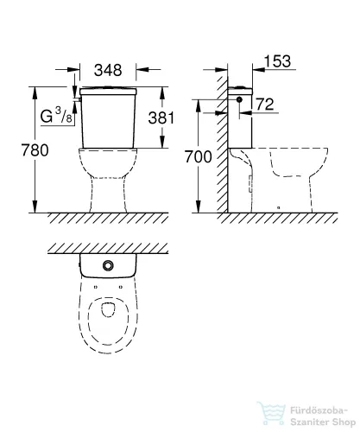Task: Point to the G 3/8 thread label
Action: pyautogui.click(x=54, y=112)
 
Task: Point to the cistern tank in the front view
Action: pyautogui.click(x=107, y=121)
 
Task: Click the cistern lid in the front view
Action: pyautogui.click(x=107, y=90)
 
